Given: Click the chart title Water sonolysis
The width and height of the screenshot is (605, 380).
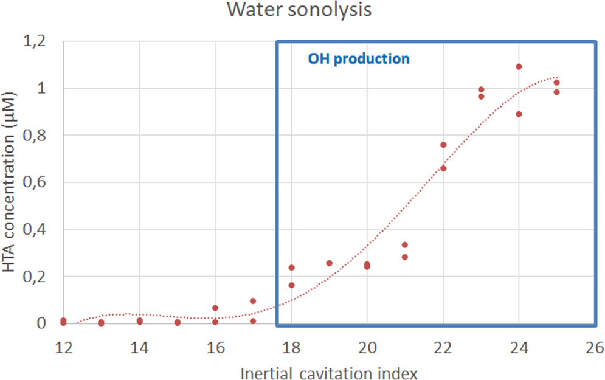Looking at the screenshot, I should click(x=299, y=10).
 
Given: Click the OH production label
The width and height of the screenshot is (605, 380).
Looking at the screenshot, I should click(x=358, y=59).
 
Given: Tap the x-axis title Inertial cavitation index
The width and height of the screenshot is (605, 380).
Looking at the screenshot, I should click(x=328, y=370).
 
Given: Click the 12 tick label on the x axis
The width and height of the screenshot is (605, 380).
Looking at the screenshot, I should click(x=63, y=347).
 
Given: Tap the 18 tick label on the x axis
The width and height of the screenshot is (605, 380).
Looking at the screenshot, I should click(x=291, y=347).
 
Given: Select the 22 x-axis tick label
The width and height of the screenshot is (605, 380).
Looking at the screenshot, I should click(x=443, y=347).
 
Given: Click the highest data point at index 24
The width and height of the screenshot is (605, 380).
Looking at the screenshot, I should click(x=519, y=67).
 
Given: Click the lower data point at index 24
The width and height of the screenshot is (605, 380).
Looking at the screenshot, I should click(x=519, y=114).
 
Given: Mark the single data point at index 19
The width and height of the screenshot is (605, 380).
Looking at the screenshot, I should click(x=329, y=263).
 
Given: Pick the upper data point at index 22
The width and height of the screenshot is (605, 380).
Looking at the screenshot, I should click(x=443, y=145).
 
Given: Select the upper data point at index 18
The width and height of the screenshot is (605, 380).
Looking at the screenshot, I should click(x=291, y=268).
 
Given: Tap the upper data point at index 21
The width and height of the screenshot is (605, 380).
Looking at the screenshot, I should click(x=405, y=245).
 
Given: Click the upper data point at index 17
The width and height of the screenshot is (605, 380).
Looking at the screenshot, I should click(x=253, y=301).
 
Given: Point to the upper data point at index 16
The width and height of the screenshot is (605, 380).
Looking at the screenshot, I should click(x=215, y=308).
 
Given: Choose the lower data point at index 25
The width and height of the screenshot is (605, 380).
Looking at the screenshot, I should click(x=556, y=92).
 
